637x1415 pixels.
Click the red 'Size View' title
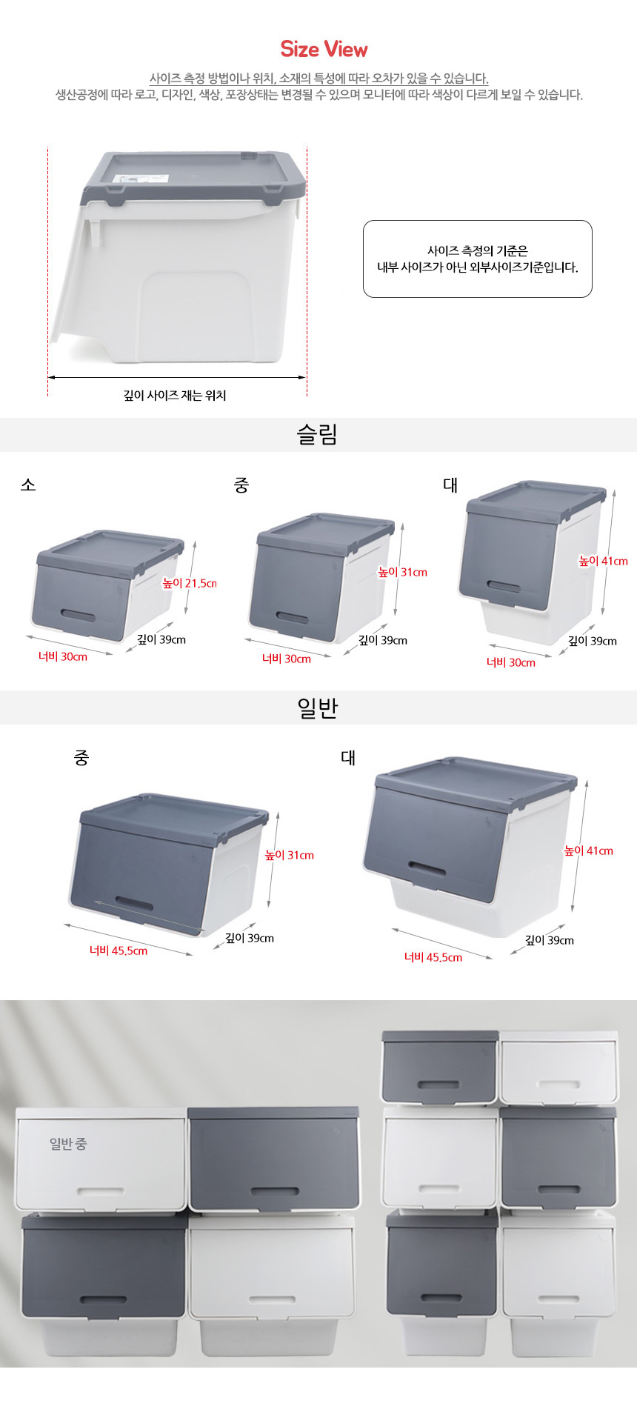324,50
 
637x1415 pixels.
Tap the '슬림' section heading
318,434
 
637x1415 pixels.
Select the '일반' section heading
318,707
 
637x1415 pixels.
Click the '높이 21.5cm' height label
190,583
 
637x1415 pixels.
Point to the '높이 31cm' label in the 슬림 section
402,572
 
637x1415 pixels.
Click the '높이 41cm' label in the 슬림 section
603,561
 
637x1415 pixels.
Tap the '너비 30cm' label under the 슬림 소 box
63,656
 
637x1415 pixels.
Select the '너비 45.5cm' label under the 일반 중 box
119,950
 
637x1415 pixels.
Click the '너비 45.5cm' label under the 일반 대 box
433,957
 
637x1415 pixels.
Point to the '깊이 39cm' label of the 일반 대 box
550,940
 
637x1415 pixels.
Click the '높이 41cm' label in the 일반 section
589,850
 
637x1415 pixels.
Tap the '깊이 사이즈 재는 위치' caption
175,396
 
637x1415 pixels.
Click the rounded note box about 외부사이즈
478,259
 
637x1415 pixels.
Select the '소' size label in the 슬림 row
28,485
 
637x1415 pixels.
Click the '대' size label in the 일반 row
348,757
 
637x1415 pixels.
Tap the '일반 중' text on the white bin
68,1143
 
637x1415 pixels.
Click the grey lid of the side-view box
193,178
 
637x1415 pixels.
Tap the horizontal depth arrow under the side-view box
177,377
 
